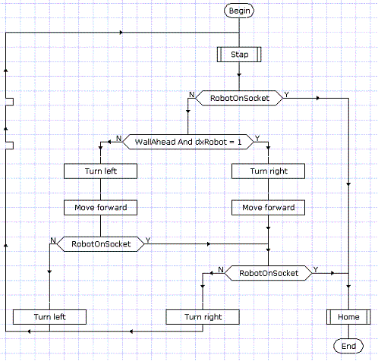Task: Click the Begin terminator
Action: [x=239, y=11]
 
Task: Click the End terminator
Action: [x=348, y=346]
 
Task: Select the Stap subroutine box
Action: [x=239, y=55]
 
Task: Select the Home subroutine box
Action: [x=348, y=317]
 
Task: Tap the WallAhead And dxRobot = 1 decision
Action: [x=188, y=142]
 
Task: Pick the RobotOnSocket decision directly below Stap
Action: [x=239, y=98]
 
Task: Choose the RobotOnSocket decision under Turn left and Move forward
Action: [x=101, y=244]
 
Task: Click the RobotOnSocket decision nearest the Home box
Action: [x=269, y=273]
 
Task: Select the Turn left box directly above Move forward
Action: [x=101, y=171]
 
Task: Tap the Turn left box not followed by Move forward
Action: [x=49, y=317]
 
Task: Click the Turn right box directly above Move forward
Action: [x=269, y=171]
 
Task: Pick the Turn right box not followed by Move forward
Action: [x=203, y=317]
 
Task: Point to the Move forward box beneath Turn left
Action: [x=101, y=208]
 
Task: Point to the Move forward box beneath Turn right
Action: [x=269, y=208]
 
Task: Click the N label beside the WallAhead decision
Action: [x=118, y=138]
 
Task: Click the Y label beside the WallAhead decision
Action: [x=257, y=138]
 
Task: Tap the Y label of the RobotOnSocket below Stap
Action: [x=286, y=95]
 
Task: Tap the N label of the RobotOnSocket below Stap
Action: [x=192, y=95]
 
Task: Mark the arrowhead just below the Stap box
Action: [x=239, y=75]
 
